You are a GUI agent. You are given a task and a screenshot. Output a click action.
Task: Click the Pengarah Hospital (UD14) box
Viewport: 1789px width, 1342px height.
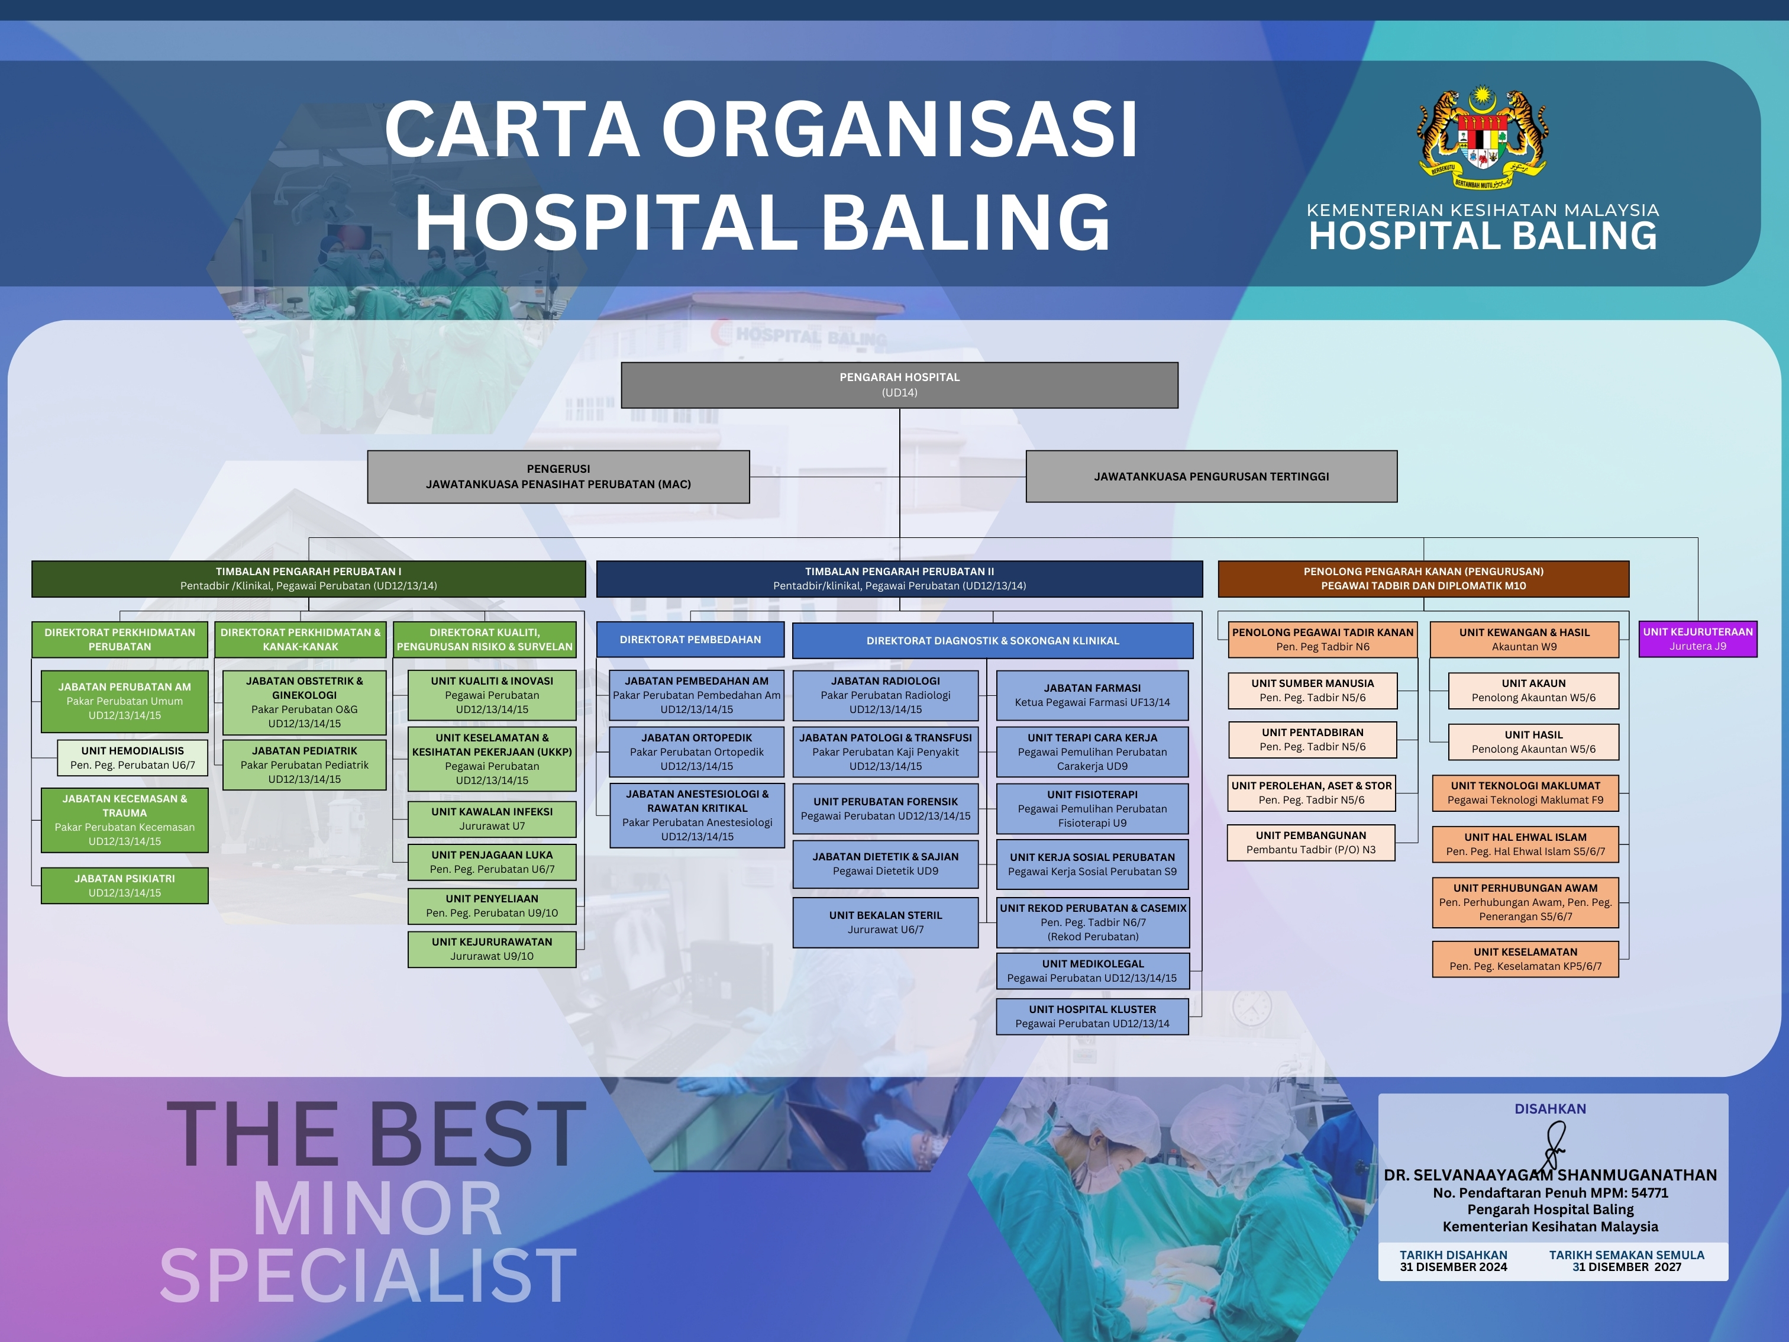coord(899,385)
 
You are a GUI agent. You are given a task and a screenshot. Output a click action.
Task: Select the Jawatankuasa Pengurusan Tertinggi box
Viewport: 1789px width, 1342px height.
coord(1212,476)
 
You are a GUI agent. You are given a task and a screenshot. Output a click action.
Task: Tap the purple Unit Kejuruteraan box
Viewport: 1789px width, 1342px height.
coord(1698,639)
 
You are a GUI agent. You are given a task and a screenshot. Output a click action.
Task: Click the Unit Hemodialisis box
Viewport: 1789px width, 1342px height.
coord(133,758)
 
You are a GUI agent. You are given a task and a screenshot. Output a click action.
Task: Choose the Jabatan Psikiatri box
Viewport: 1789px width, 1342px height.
coord(125,886)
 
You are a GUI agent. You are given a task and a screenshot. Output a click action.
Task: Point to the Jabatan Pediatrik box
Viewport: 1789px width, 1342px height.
coord(304,765)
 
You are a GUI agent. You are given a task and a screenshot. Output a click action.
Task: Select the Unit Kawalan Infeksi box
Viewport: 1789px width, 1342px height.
coord(492,818)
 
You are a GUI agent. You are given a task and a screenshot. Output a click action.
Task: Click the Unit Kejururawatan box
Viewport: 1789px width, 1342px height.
coord(492,949)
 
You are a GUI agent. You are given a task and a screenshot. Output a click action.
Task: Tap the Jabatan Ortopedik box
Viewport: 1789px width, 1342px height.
coord(696,751)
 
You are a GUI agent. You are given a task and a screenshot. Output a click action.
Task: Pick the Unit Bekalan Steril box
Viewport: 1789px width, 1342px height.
coord(886,922)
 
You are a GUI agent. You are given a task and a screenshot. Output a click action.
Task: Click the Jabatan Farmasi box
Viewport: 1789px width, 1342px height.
coord(1093,695)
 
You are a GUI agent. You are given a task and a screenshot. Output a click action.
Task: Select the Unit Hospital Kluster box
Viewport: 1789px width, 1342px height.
coord(1093,1017)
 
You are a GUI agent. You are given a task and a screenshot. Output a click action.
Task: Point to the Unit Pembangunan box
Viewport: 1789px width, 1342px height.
coord(1311,842)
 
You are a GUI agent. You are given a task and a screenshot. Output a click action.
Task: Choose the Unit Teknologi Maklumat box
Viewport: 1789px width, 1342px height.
coord(1525,793)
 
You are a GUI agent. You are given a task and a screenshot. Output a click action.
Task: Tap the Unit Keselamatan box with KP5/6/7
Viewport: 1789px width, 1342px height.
coord(1525,959)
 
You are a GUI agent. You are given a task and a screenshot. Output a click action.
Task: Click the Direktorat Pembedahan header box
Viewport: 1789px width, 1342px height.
coord(690,639)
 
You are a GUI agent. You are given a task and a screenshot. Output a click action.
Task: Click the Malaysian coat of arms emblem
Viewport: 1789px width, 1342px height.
coord(1483,139)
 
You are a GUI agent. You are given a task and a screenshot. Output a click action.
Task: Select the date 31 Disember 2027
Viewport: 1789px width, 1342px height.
coord(1626,1267)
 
